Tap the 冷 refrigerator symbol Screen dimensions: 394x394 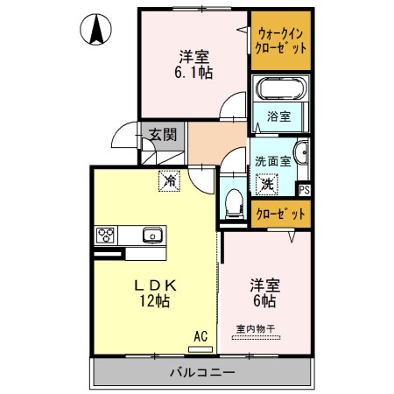point(167,182)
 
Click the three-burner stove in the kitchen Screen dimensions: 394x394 point(106,235)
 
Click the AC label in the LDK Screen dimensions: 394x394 point(201,335)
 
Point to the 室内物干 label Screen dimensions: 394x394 point(256,329)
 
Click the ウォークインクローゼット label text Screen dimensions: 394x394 point(280,41)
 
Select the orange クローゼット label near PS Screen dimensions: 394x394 point(280,213)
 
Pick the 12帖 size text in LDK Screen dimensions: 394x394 point(154,301)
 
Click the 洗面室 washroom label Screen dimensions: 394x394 point(271,162)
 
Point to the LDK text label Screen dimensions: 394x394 point(156,285)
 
